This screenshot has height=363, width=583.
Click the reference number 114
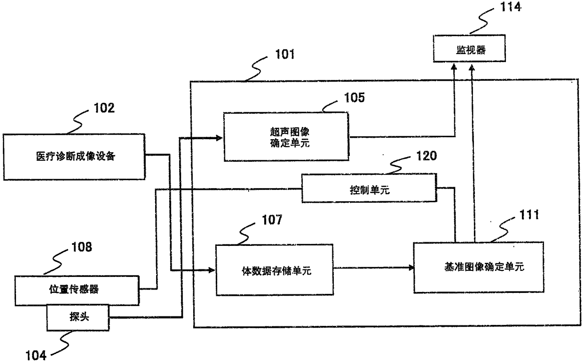pos(511,7)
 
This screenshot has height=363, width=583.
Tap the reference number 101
pos(285,55)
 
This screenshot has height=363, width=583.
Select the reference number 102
pos(104,108)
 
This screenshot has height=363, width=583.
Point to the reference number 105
pos(354,98)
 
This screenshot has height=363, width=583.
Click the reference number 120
pos(426,156)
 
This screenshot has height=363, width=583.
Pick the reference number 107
pos(272,220)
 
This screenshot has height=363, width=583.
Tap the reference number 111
pos(529,215)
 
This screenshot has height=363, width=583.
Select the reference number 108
pos(82,247)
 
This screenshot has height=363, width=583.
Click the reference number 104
pos(36,355)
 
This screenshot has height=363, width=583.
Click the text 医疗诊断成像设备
pos(76,157)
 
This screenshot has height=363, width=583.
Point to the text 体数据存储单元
pos(276,271)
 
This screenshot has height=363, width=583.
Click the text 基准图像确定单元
pos(484,267)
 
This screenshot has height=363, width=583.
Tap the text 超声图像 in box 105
pos(290,132)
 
